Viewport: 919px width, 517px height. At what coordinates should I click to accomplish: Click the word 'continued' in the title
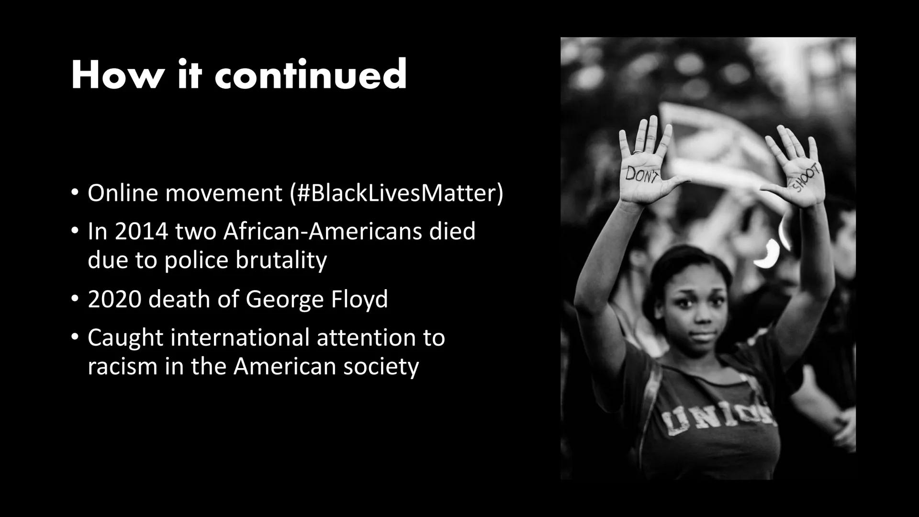tap(311, 75)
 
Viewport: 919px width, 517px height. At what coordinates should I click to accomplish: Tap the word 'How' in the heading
tap(117, 75)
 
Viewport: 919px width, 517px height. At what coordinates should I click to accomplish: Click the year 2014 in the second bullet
tap(141, 232)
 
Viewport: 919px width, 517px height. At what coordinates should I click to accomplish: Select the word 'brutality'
tap(281, 260)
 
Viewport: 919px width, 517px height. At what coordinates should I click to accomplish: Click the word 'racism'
tap(122, 367)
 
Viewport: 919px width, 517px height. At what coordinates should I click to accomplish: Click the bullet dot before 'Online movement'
tap(74, 193)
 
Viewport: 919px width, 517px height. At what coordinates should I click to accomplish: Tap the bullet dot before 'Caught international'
tap(74, 337)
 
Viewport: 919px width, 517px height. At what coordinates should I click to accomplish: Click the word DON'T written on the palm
tap(642, 175)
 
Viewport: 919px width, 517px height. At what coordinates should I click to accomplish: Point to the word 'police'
tap(197, 260)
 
